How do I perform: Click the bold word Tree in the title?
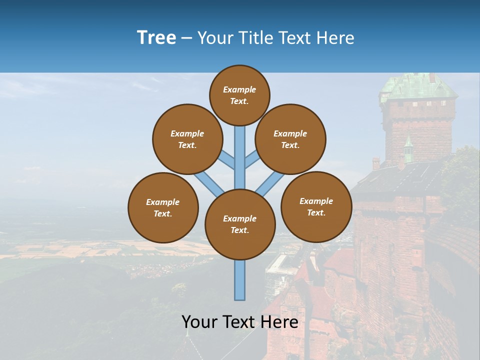pyautogui.click(x=156, y=37)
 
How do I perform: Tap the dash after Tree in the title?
pyautogui.click(x=186, y=38)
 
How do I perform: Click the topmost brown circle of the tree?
pyautogui.click(x=239, y=95)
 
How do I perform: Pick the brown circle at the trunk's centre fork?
pyautogui.click(x=240, y=224)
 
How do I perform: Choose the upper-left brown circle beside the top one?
pyautogui.click(x=187, y=139)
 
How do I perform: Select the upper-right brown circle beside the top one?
pyautogui.click(x=290, y=139)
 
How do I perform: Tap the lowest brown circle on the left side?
pyautogui.click(x=163, y=207)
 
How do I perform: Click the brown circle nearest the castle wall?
pyautogui.click(x=316, y=206)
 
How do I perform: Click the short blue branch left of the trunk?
pyautogui.click(x=228, y=160)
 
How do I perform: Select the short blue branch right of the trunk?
pyautogui.click(x=252, y=160)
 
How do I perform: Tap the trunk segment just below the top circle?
pyautogui.click(x=240, y=145)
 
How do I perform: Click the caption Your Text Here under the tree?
pyautogui.click(x=240, y=322)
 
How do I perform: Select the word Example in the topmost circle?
pyautogui.click(x=239, y=89)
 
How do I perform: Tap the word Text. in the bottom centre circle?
pyautogui.click(x=239, y=230)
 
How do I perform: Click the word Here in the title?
pyautogui.click(x=336, y=38)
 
